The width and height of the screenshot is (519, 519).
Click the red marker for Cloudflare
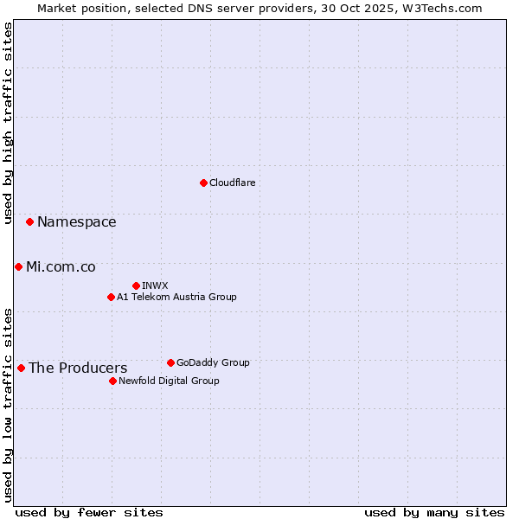pyautogui.click(x=203, y=183)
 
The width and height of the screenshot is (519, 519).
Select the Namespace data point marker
pyautogui.click(x=29, y=221)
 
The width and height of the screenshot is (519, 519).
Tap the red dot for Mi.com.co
pyautogui.click(x=18, y=266)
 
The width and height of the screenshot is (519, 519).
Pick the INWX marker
pyautogui.click(x=136, y=285)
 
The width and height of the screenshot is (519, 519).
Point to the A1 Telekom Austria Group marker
pyautogui.click(x=111, y=297)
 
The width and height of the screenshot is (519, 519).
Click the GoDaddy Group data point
pyautogui.click(x=170, y=362)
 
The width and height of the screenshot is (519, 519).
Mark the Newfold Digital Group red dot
pyautogui.click(x=112, y=381)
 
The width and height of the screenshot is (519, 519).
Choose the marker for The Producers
pyautogui.click(x=21, y=368)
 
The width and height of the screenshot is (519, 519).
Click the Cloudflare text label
pyautogui.click(x=232, y=183)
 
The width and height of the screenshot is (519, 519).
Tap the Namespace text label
pyautogui.click(x=76, y=222)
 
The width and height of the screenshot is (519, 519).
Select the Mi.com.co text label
pyautogui.click(x=61, y=267)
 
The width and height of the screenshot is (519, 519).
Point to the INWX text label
pyautogui.click(x=155, y=285)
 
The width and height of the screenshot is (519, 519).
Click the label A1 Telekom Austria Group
pyautogui.click(x=176, y=297)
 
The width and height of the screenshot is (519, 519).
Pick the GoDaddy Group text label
pyautogui.click(x=213, y=362)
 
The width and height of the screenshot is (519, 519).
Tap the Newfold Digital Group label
pyautogui.click(x=169, y=381)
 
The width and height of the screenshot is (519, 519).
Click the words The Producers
pyautogui.click(x=77, y=368)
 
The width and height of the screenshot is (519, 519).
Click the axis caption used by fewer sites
pyautogui.click(x=89, y=512)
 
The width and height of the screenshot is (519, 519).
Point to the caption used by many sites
pyautogui.click(x=434, y=512)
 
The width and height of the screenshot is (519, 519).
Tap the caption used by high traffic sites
pyautogui.click(x=8, y=124)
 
